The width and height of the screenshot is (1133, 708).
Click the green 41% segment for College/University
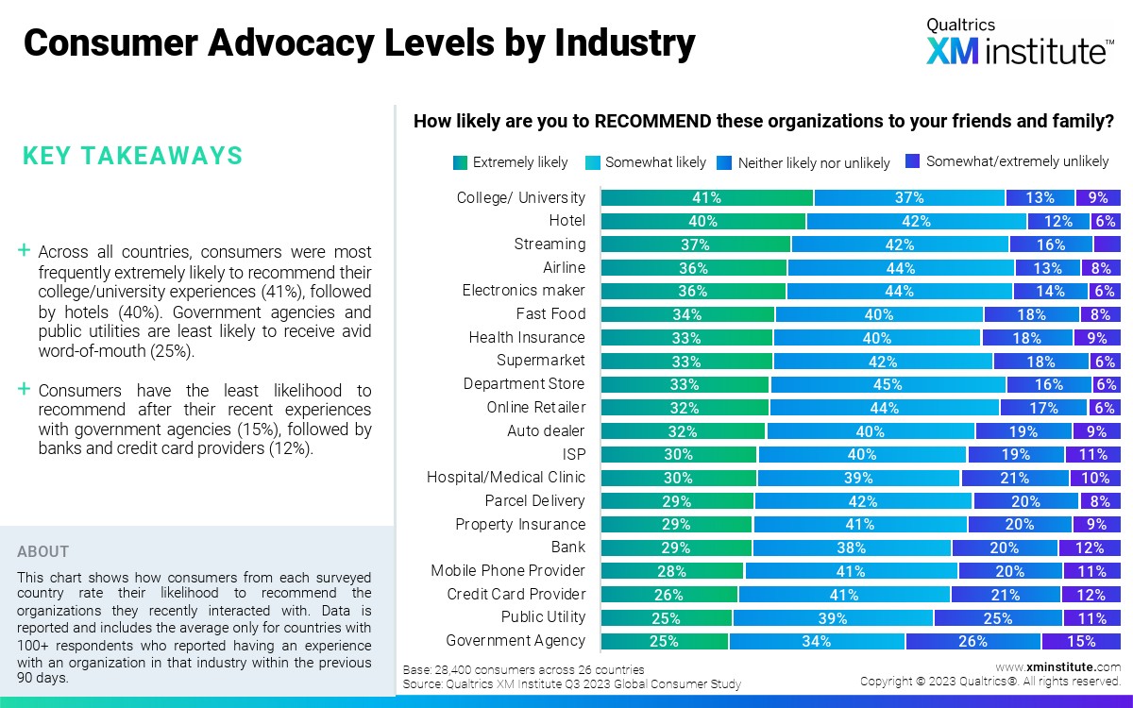pyautogui.click(x=706, y=197)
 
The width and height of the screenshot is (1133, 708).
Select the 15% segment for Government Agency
pyautogui.click(x=1081, y=641)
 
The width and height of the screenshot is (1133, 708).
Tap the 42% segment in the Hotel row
pyautogui.click(x=916, y=221)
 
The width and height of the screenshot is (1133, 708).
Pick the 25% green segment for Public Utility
pyautogui.click(x=667, y=617)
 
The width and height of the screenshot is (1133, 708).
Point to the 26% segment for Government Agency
pyautogui.click(x=973, y=641)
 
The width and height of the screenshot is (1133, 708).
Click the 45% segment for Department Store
pyautogui.click(x=888, y=384)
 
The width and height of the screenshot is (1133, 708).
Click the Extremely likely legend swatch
pyautogui.click(x=460, y=162)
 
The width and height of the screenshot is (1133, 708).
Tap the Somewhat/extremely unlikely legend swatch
pyautogui.click(x=913, y=161)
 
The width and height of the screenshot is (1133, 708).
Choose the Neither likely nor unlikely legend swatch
pyautogui.click(x=725, y=162)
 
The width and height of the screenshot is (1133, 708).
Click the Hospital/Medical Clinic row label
pyautogui.click(x=506, y=477)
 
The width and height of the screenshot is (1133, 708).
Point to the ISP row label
pyautogui.click(x=573, y=454)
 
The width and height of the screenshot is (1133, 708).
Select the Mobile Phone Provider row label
pyautogui.click(x=508, y=570)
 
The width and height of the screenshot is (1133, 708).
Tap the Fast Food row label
pyautogui.click(x=550, y=313)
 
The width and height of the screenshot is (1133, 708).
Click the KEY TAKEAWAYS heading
pyautogui.click(x=132, y=156)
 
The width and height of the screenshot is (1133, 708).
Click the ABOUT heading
pyautogui.click(x=42, y=551)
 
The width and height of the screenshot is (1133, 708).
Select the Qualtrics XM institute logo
pyautogui.click(x=1018, y=42)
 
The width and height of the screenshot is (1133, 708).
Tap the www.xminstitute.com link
pyautogui.click(x=1057, y=666)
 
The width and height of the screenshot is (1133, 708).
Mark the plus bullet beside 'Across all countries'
pyautogui.click(x=25, y=251)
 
